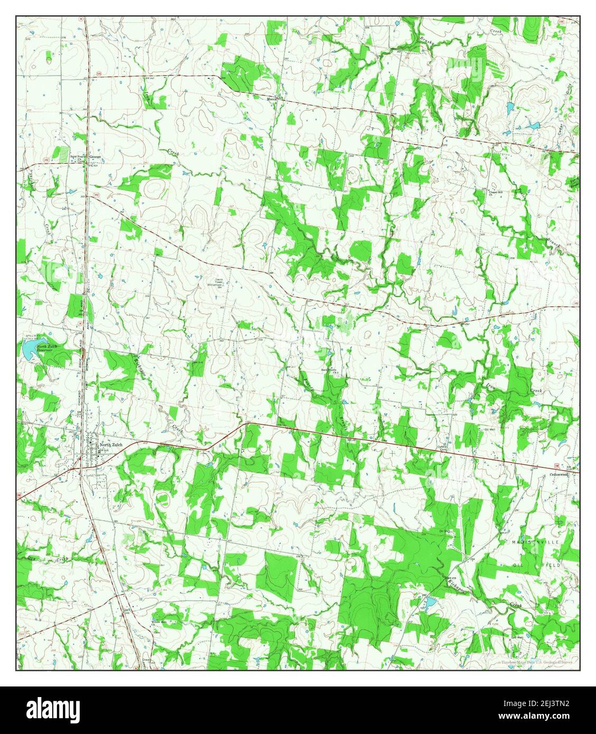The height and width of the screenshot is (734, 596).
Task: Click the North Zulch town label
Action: coord(111,445)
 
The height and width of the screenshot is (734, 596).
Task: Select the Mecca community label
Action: coord(272,99)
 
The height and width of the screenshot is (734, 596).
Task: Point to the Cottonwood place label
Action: coord(559,474)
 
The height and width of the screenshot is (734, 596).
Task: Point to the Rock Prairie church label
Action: coord(329,371)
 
